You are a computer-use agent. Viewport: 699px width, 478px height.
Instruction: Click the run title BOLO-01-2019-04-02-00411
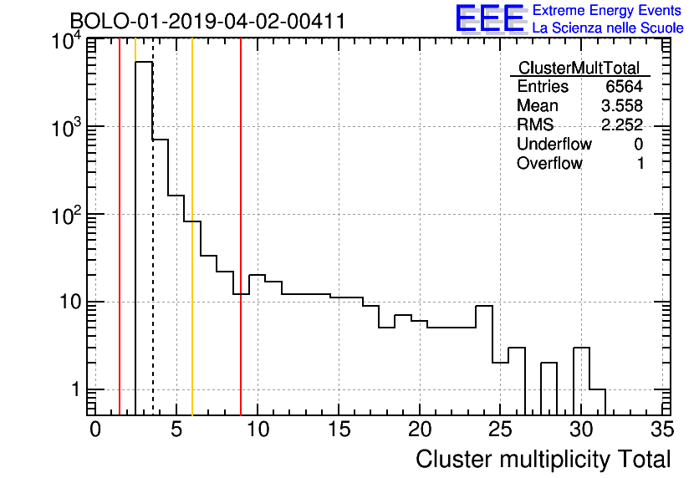pyautogui.click(x=207, y=21)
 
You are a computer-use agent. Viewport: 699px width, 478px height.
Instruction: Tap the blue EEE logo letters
pyautogui.click(x=490, y=18)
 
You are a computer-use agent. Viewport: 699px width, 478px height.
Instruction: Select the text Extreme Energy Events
pyautogui.click(x=607, y=10)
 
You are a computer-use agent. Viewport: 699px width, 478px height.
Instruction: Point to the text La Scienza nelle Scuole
pyautogui.click(x=608, y=28)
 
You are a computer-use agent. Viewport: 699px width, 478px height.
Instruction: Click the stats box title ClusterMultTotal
pyautogui.click(x=579, y=69)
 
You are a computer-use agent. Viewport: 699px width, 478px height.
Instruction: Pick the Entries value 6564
pyautogui.click(x=624, y=86)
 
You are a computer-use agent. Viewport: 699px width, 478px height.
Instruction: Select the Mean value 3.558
pyautogui.click(x=622, y=105)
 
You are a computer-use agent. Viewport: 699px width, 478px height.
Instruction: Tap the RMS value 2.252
pyautogui.click(x=622, y=125)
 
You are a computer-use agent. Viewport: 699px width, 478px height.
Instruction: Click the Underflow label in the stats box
pyautogui.click(x=554, y=144)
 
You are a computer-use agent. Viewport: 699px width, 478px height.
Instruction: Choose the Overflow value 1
pyautogui.click(x=640, y=163)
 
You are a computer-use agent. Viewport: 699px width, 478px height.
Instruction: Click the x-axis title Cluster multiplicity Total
pyautogui.click(x=543, y=460)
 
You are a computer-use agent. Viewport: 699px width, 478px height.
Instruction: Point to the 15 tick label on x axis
pyautogui.click(x=339, y=430)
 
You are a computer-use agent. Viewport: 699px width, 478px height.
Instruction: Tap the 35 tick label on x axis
pyautogui.click(x=662, y=430)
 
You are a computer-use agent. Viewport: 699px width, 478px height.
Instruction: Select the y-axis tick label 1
pyautogui.click(x=75, y=389)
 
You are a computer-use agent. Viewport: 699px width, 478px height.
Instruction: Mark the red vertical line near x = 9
pyautogui.click(x=241, y=227)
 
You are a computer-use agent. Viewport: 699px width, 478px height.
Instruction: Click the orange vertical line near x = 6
pyautogui.click(x=192, y=227)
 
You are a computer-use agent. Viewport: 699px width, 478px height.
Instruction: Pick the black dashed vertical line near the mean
pyautogui.click(x=153, y=227)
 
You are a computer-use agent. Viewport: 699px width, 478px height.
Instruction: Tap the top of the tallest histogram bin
pyautogui.click(x=144, y=62)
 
